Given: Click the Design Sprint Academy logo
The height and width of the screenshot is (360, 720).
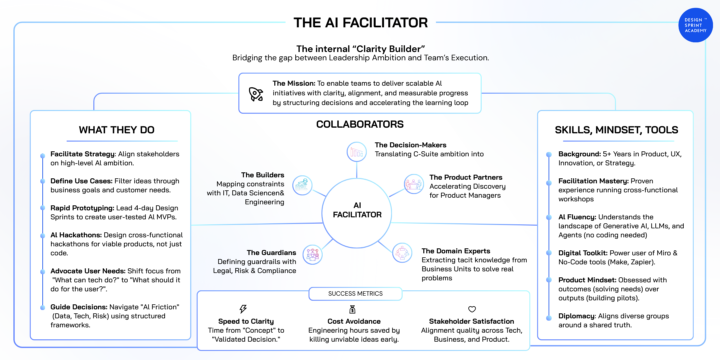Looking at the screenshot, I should (x=695, y=25).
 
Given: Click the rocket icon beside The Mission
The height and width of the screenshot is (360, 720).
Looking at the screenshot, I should (x=256, y=94).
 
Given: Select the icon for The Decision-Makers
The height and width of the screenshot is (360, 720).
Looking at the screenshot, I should (x=356, y=152).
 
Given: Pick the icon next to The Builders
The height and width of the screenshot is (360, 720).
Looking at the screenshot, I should (x=302, y=185).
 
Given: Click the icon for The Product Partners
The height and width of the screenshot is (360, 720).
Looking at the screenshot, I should (x=414, y=184).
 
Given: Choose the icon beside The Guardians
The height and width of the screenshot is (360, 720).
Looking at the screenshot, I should (x=312, y=255).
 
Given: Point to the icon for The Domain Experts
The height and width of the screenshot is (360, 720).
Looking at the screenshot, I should (x=402, y=253).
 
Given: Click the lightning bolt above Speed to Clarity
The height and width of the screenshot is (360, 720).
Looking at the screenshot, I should (x=243, y=309).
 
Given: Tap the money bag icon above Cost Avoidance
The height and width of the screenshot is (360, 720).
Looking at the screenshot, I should (x=352, y=309).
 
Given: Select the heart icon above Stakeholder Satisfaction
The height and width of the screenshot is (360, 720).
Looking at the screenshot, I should (x=472, y=309).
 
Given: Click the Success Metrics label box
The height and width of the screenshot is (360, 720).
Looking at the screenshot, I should (x=355, y=294).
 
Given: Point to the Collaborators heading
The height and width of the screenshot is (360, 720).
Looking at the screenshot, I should (x=360, y=124).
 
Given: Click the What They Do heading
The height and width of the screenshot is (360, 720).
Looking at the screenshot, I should (x=117, y=130).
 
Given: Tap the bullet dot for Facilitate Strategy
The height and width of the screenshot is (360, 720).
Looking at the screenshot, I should (x=43, y=156).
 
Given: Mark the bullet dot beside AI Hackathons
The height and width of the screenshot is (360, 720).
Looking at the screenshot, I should (x=43, y=236).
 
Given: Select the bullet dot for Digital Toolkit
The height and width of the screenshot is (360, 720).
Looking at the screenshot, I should (x=549, y=253).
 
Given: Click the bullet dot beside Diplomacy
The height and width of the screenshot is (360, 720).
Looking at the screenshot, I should (x=549, y=318).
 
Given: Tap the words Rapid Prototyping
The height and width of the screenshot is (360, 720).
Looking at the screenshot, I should (x=82, y=208).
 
